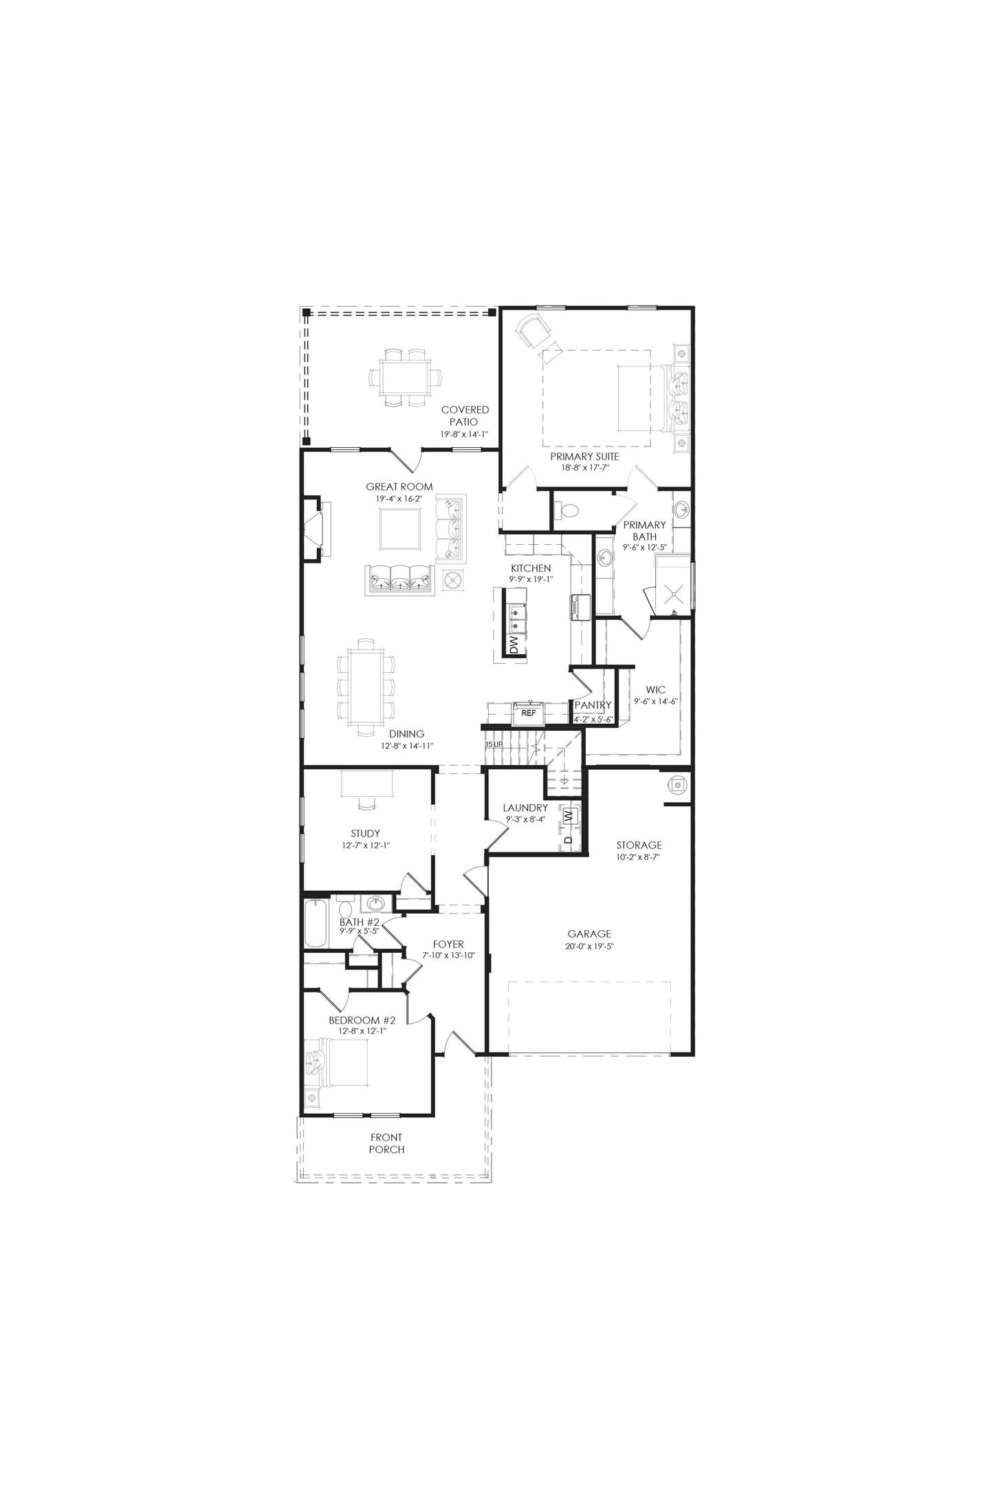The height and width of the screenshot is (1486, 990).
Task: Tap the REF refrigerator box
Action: click(528, 713)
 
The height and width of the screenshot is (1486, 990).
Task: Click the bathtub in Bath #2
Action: click(316, 923)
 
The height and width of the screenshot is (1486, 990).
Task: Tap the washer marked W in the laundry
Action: click(568, 815)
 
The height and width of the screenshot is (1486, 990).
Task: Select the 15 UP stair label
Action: click(494, 745)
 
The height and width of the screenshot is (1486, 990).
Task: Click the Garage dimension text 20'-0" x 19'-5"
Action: click(589, 946)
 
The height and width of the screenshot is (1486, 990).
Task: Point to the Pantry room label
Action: click(593, 705)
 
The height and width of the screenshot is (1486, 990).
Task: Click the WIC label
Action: click(655, 690)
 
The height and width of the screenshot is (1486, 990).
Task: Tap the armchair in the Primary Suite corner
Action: click(536, 332)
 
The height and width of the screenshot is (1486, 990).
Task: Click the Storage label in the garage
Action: click(639, 845)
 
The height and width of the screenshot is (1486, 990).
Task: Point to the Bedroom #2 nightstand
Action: click(312, 1096)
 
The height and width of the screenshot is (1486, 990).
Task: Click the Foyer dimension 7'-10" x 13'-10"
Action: click(448, 956)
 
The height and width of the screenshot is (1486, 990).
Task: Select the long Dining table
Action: click(366, 688)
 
